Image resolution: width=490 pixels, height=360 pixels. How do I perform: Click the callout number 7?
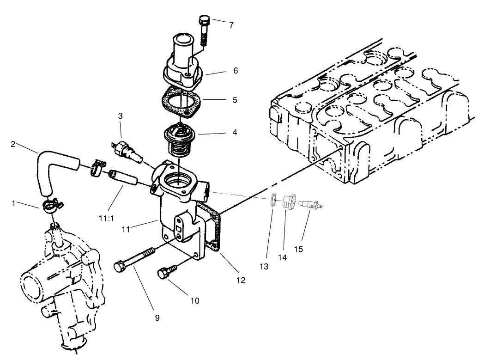pos(231,24)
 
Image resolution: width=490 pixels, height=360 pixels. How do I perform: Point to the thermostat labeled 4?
pos(180,139)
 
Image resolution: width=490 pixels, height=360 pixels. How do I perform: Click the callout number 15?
pos(299,250)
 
